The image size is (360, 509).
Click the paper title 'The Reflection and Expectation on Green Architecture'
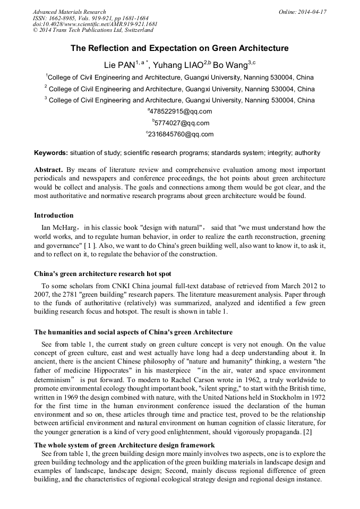click(179, 48)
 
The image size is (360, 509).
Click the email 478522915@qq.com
click(181, 111)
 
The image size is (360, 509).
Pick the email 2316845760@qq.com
click(181, 135)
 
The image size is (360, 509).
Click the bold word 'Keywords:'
click(51, 153)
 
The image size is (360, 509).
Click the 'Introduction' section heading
click(54, 215)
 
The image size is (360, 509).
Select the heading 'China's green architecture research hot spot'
click(102, 274)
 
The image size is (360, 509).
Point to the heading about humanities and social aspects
click(133, 332)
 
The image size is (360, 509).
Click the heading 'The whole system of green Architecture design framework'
click(124, 445)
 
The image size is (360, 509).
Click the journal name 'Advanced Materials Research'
click(69, 12)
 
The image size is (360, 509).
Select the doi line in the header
click(95, 24)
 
